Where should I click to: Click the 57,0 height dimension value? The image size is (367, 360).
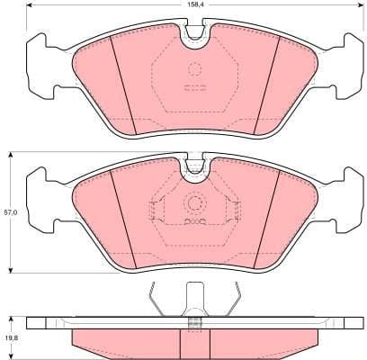(11, 212)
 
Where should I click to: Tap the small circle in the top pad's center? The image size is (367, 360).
(193, 71)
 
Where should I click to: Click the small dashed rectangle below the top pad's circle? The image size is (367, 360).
(193, 88)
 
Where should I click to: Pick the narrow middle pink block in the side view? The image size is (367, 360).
(192, 341)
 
